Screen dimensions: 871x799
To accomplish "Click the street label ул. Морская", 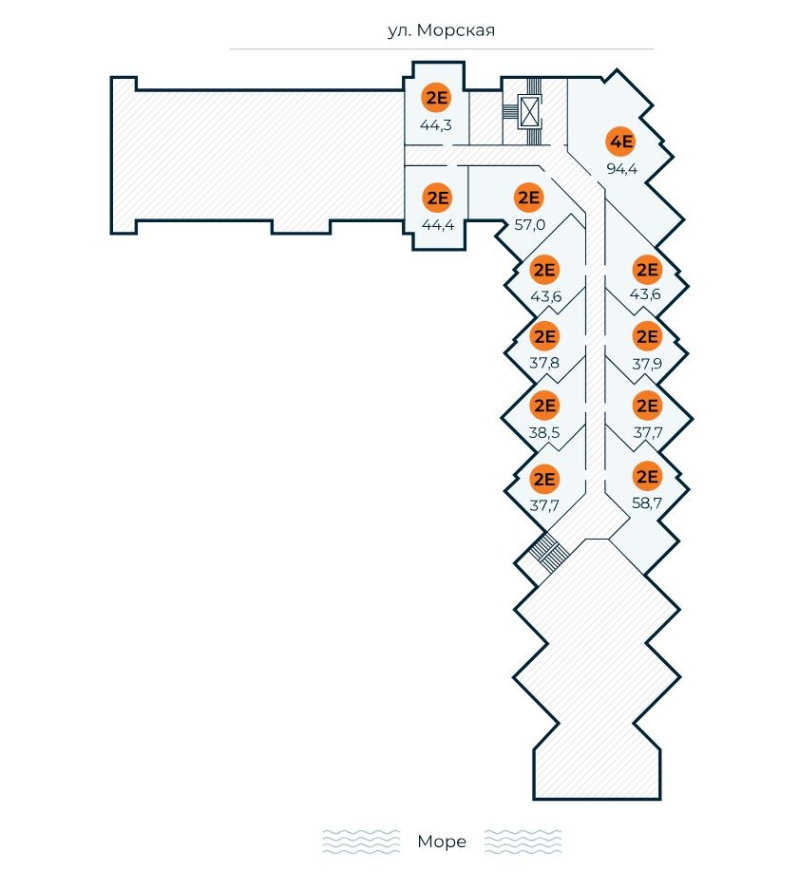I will click(442, 30).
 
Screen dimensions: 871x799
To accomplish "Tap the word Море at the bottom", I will click(442, 842).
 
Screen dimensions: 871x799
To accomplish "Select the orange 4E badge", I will click(620, 143).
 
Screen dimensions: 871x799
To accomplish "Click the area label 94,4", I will click(621, 170).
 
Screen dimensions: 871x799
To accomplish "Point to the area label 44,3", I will click(436, 124).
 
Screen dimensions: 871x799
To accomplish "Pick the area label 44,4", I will click(437, 225).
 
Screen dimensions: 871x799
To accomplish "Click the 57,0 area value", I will click(528, 225).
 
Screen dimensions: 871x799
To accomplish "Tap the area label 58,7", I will click(647, 503).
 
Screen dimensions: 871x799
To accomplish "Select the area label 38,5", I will click(544, 433).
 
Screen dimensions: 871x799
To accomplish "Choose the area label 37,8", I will click(544, 363).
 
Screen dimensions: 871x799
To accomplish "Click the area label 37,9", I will click(647, 363).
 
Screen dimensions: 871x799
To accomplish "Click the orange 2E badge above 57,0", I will click(528, 199).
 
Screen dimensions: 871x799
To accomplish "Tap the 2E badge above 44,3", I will click(436, 98).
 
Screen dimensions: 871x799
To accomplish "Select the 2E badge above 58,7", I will click(647, 477).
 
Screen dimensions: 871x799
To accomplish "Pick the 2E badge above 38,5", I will click(544, 407).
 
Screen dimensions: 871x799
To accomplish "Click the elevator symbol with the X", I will click(529, 113).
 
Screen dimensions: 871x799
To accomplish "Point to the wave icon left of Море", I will click(361, 842).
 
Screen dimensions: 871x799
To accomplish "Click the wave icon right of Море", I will click(523, 842).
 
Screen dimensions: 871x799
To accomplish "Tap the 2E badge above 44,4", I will click(437, 199).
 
